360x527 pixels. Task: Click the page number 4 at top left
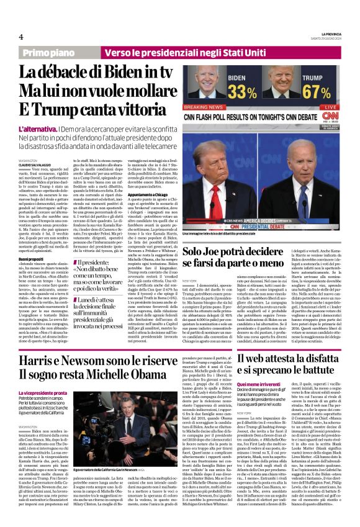(x=21, y=36)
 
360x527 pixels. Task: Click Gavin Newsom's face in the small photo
(x=113, y=412)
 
